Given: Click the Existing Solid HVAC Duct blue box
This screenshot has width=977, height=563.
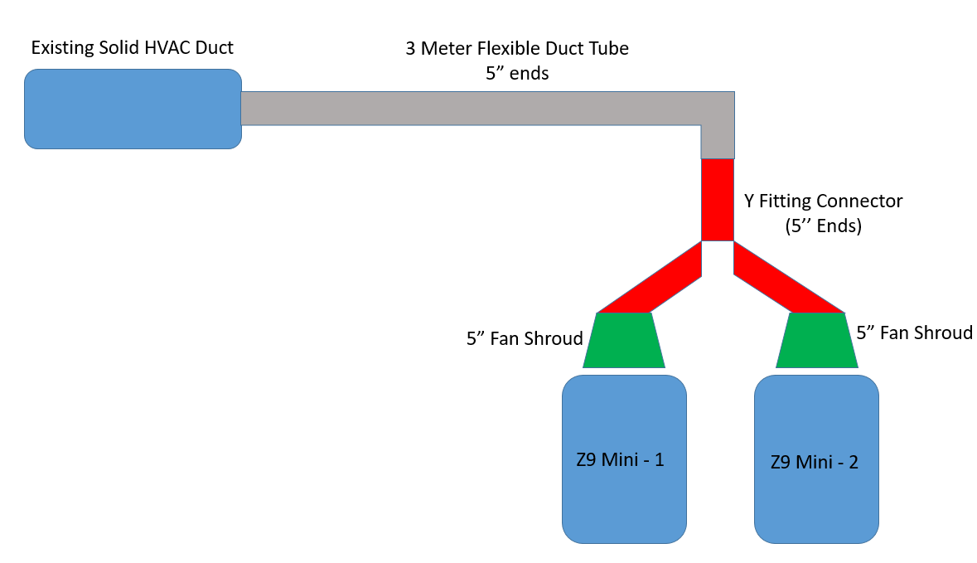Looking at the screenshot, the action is pos(133,109).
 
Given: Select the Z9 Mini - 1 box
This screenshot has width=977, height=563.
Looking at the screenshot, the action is pos(624,459).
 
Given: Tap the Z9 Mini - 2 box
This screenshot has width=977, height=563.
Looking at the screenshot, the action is pos(816,459).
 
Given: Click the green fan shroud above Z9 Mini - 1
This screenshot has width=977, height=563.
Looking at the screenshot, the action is pos(624,341).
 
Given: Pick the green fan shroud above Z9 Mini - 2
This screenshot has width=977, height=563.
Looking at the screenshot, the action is pos(817,341).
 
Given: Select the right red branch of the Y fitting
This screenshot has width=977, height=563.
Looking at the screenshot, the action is pos(788,279).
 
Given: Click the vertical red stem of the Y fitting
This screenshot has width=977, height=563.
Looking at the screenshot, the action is pos(718,200).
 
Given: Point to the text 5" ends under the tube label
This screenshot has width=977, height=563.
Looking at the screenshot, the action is pos(517,73).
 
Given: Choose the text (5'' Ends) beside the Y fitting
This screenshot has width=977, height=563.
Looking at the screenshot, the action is pos(823,225).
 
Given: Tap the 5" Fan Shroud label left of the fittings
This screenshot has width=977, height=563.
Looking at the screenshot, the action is pos(525,338).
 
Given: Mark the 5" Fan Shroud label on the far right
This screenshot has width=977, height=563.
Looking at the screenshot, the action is pos(914,332).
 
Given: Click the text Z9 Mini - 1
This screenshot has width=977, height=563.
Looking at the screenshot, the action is pos(620,459).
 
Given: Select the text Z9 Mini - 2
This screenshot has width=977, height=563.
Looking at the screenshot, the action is pos(815,462).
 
